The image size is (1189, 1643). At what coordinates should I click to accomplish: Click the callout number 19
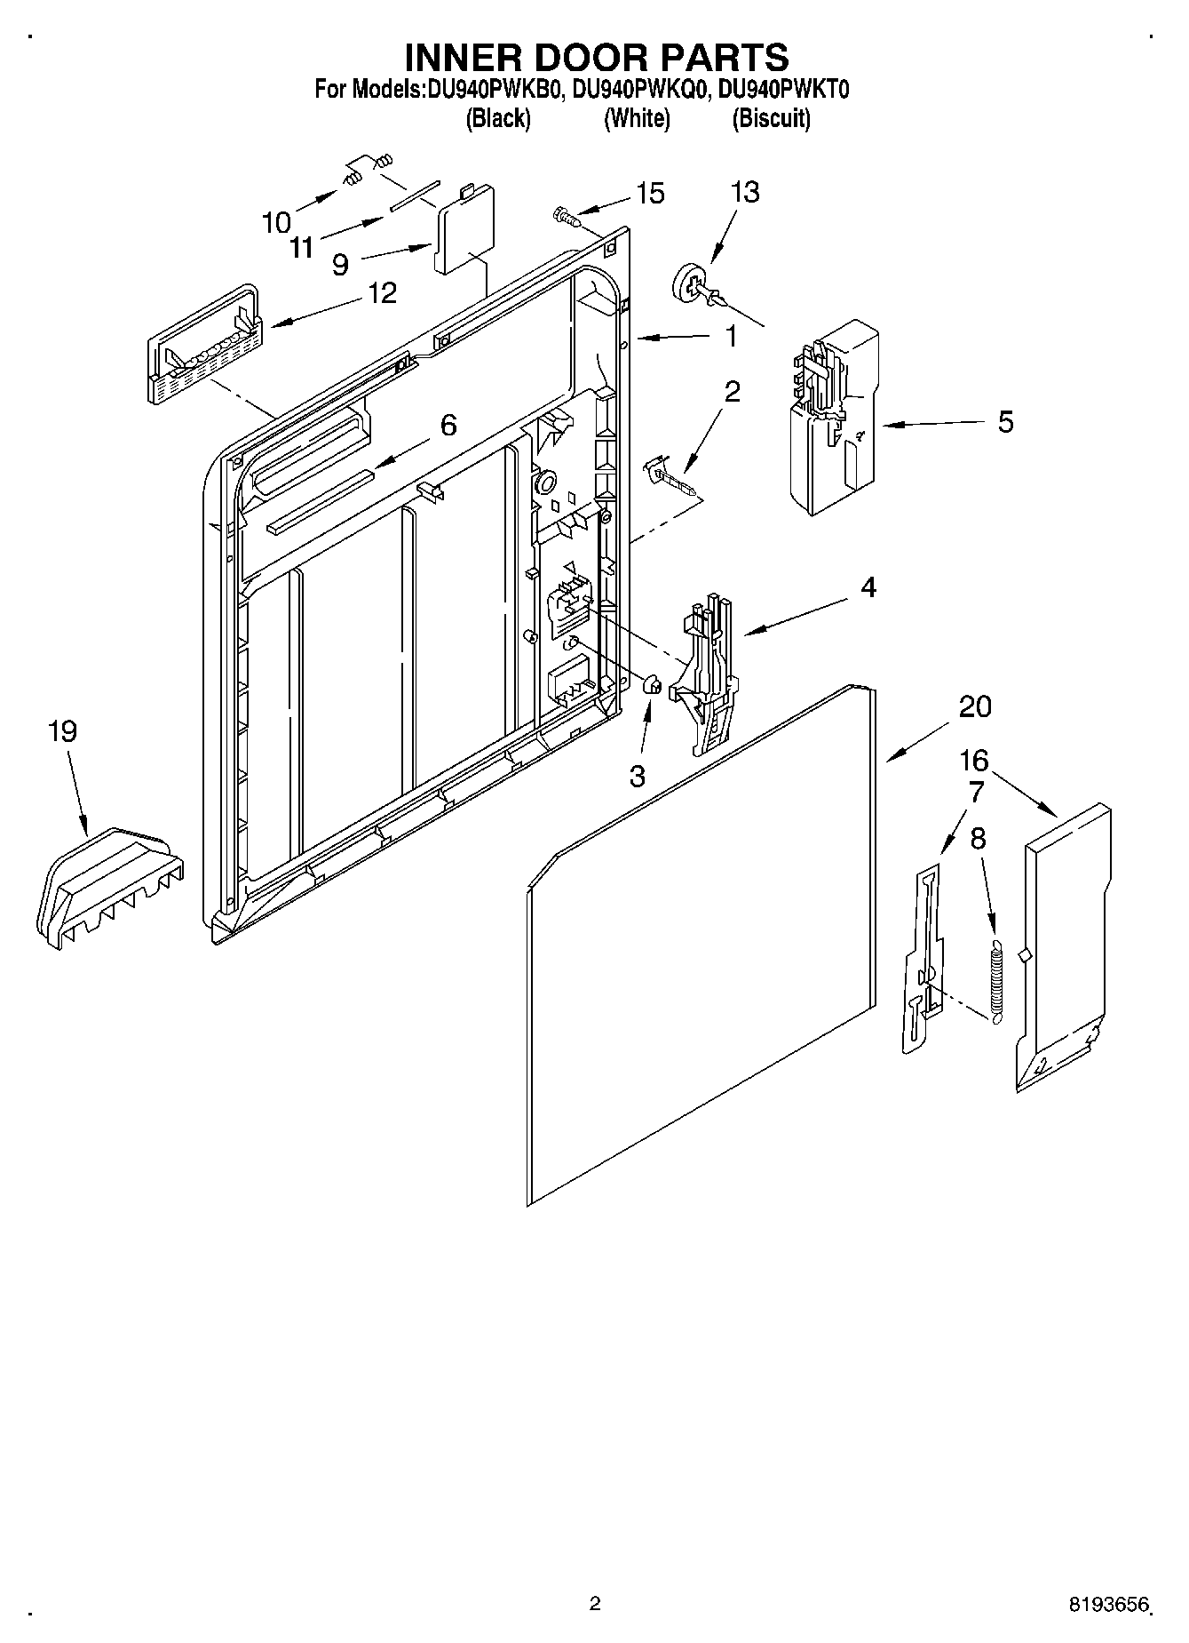62,731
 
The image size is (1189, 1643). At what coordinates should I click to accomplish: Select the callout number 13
745,192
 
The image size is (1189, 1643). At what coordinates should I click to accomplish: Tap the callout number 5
1004,421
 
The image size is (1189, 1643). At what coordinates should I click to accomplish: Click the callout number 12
383,292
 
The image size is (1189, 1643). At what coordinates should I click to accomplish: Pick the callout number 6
448,426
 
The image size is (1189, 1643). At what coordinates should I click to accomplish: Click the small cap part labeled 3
651,685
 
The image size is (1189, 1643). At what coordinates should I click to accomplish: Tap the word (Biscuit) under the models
771,118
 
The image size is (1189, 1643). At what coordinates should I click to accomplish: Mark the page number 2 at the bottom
595,1602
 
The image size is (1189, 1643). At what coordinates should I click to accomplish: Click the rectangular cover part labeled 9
464,230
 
